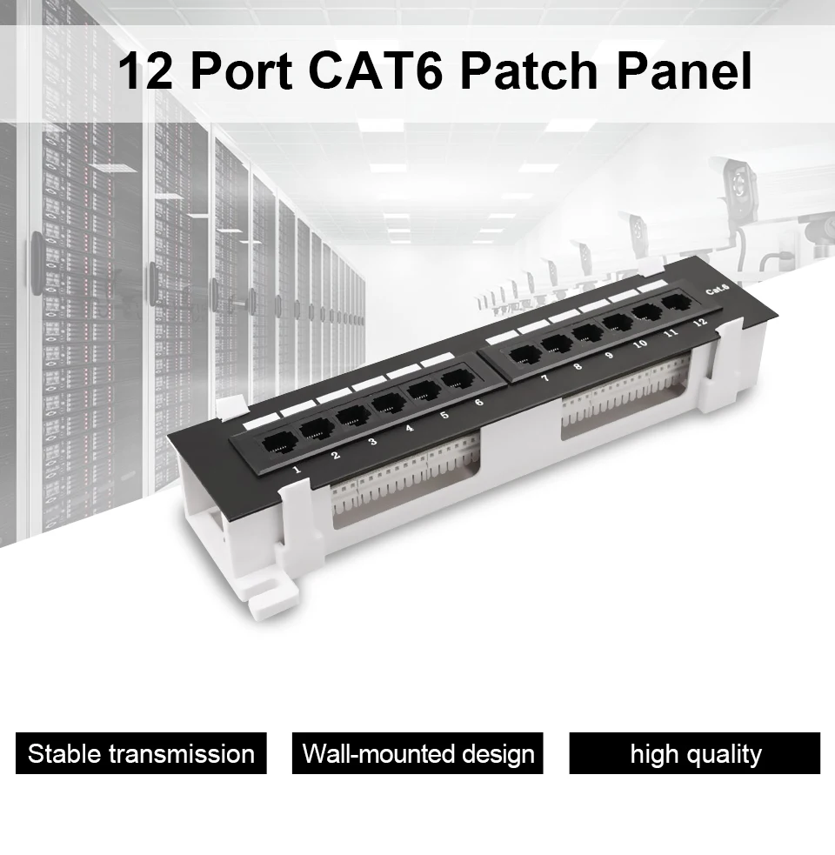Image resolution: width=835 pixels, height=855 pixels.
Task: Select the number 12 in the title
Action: pyautogui.click(x=145, y=70)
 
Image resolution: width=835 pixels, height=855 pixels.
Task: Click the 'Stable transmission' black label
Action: pyautogui.click(x=141, y=753)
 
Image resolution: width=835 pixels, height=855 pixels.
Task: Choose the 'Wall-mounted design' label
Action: pyautogui.click(x=417, y=753)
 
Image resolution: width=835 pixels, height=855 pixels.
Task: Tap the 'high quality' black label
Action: pyautogui.click(x=695, y=753)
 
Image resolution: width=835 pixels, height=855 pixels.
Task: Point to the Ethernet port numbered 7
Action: pyautogui.click(x=526, y=354)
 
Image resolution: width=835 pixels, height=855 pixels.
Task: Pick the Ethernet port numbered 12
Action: pyautogui.click(x=676, y=304)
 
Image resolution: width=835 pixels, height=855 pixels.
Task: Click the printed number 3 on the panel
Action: pyautogui.click(x=372, y=442)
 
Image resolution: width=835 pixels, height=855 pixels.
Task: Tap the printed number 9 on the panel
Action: pyautogui.click(x=608, y=355)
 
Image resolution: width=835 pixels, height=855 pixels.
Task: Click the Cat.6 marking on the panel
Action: pyautogui.click(x=718, y=291)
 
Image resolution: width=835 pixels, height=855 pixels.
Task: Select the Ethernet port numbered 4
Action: pyautogui.click(x=388, y=403)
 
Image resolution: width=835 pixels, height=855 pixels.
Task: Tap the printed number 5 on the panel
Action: pyautogui.click(x=444, y=415)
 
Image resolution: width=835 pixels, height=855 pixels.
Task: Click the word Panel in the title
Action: pyautogui.click(x=685, y=70)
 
